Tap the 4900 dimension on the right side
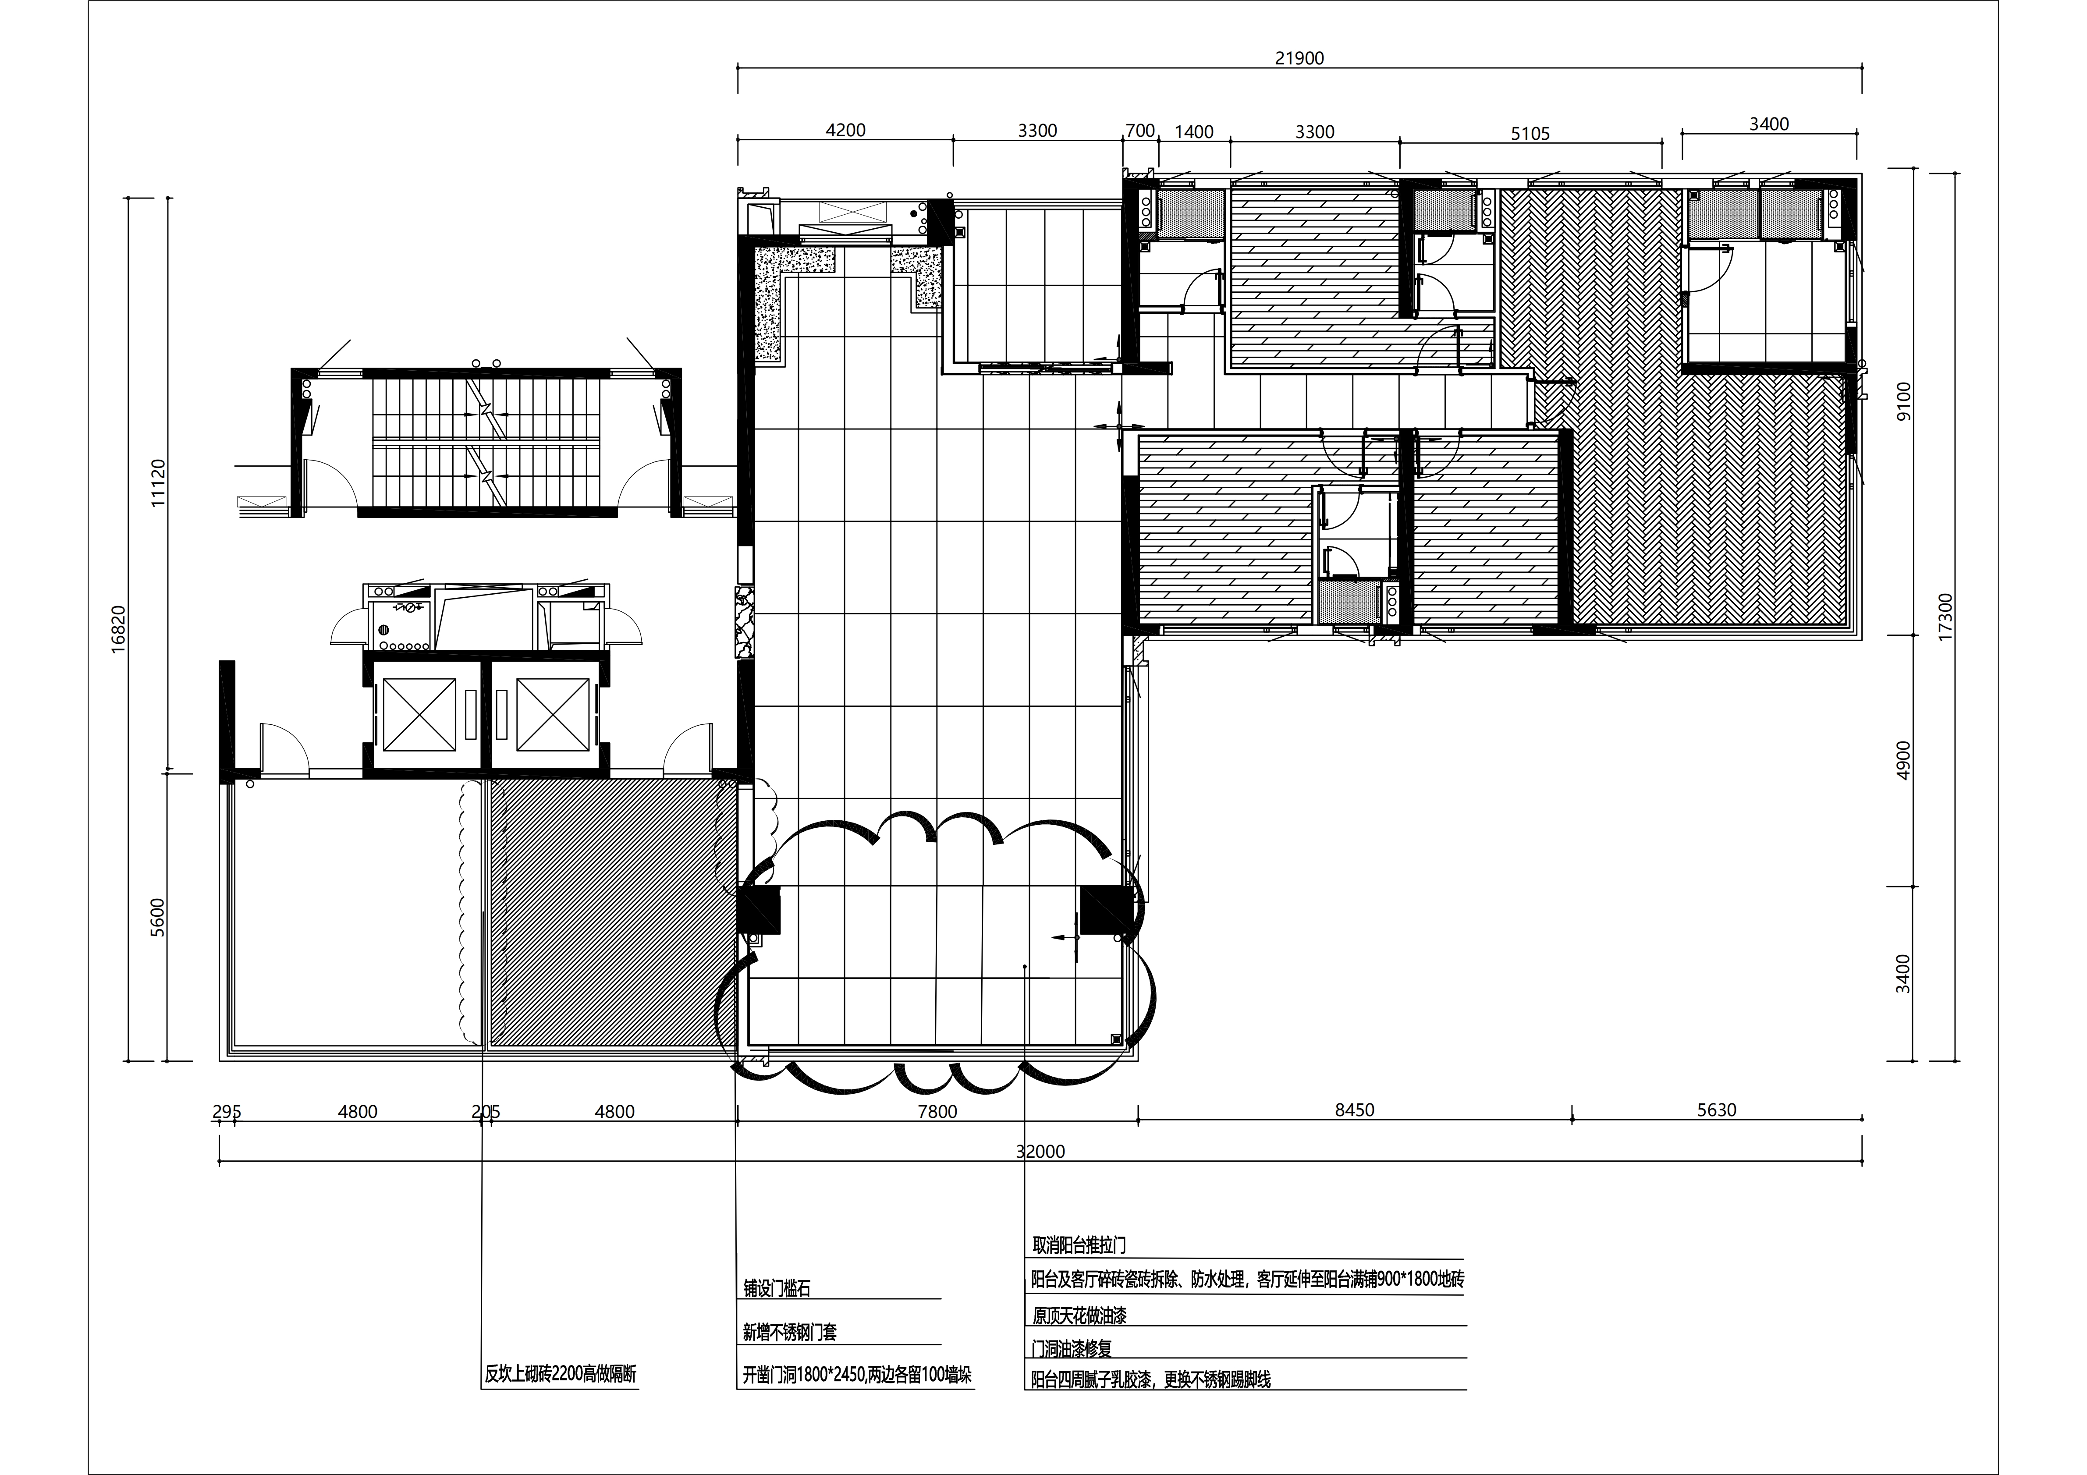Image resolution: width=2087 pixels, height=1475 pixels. (1903, 760)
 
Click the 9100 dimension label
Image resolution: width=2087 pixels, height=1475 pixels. (1903, 401)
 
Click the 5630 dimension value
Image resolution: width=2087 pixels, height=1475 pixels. (1716, 1110)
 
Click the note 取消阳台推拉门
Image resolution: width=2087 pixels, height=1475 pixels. (1079, 1245)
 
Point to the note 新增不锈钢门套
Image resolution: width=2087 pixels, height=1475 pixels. (790, 1332)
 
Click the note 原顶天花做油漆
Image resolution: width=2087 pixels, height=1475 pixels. (1079, 1315)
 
